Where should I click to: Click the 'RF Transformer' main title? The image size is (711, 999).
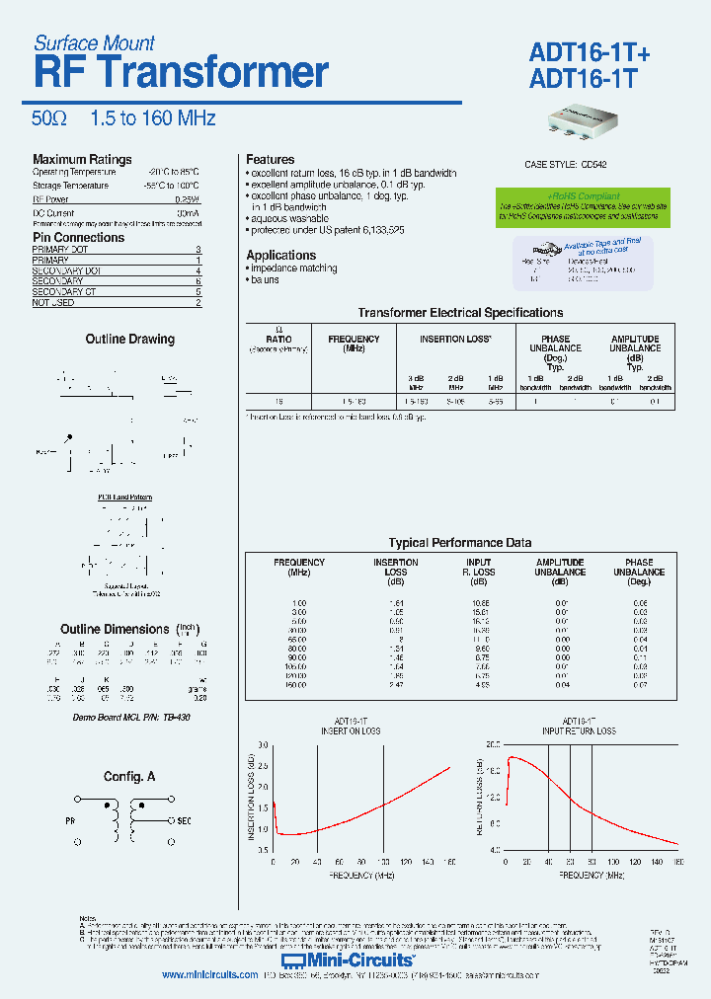(x=180, y=74)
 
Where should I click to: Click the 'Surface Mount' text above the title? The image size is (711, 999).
(x=94, y=42)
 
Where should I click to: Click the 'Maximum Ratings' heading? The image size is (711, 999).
(x=82, y=159)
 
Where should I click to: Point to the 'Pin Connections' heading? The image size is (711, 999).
(x=79, y=238)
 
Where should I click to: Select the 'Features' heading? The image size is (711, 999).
(x=270, y=159)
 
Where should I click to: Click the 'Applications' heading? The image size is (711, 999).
(x=280, y=255)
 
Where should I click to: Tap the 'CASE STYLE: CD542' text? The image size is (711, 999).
(x=566, y=165)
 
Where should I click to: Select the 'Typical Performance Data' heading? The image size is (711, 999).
(x=459, y=542)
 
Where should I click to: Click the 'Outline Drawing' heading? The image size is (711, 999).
(x=129, y=339)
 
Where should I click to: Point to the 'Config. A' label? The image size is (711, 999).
(x=129, y=777)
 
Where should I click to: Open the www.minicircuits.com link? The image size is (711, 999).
(x=209, y=974)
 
